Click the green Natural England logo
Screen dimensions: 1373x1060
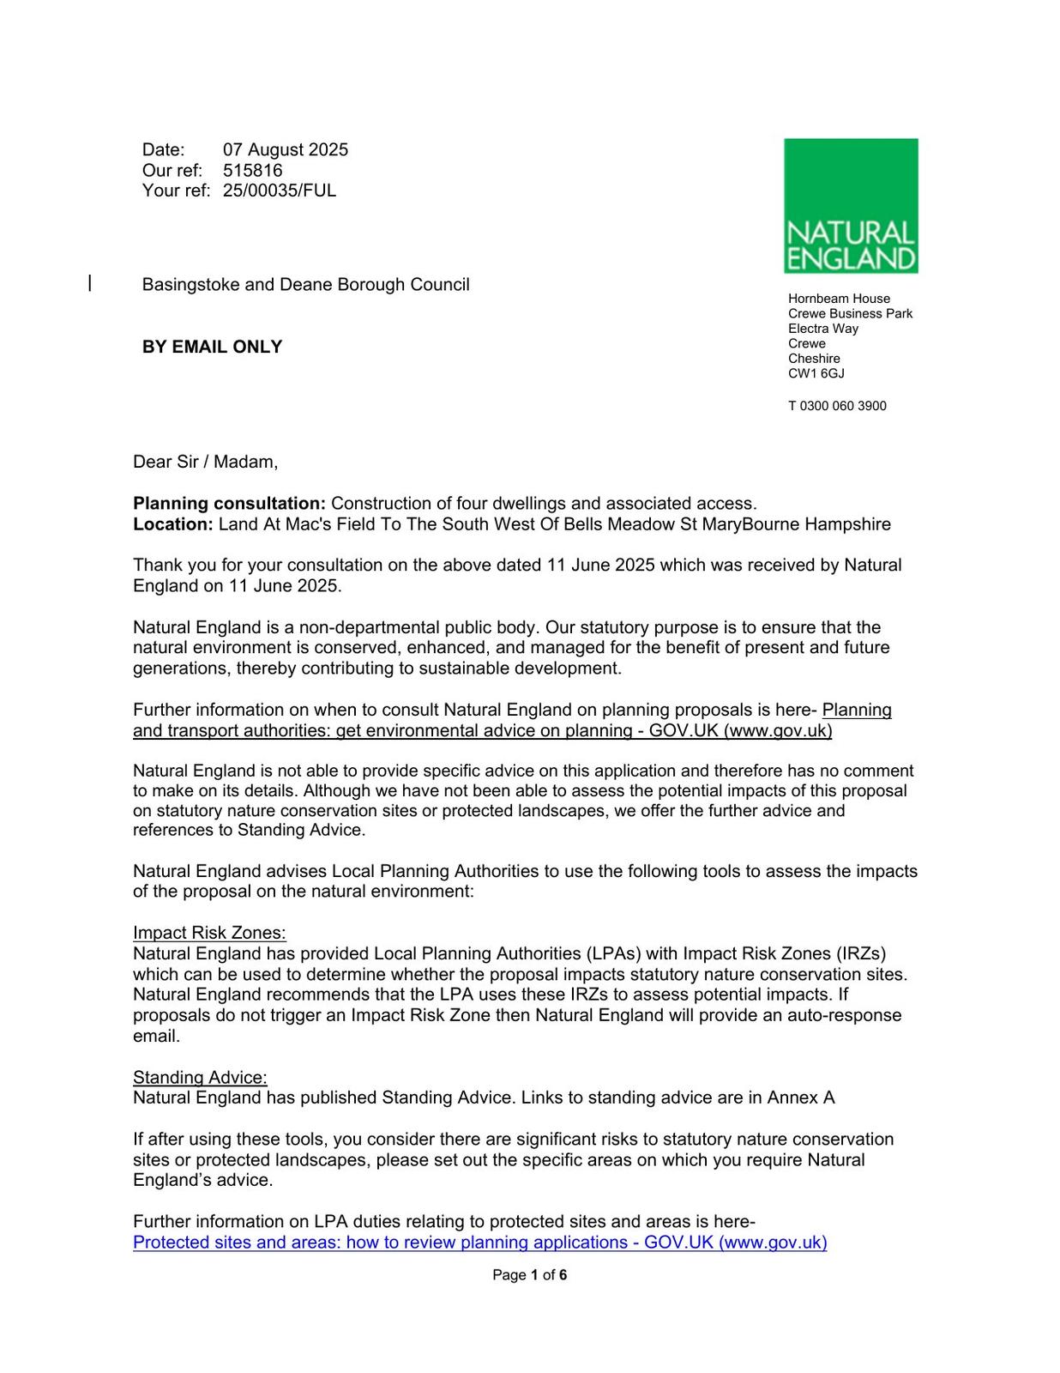pos(850,206)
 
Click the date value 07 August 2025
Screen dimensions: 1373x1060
pos(286,149)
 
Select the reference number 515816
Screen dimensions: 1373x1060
pos(252,170)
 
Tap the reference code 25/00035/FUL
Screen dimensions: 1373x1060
pos(280,191)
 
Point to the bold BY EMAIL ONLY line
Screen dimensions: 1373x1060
pos(212,347)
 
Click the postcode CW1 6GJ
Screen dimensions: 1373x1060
pos(816,373)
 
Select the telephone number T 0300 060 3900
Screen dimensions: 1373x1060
pos(837,406)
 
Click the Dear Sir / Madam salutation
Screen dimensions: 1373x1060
pos(205,462)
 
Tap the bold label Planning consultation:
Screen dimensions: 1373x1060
pos(229,503)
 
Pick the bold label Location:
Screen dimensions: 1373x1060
pos(172,523)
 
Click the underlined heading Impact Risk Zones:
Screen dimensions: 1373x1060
pos(209,933)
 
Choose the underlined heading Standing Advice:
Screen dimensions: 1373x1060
pos(200,1077)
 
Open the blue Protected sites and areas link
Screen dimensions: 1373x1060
pos(479,1242)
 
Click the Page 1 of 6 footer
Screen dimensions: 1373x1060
pos(529,1274)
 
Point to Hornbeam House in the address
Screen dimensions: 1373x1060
pos(839,299)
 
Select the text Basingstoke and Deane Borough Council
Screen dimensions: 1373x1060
pos(305,284)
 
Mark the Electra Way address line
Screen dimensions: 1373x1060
pos(822,329)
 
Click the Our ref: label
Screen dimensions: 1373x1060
pos(172,170)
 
